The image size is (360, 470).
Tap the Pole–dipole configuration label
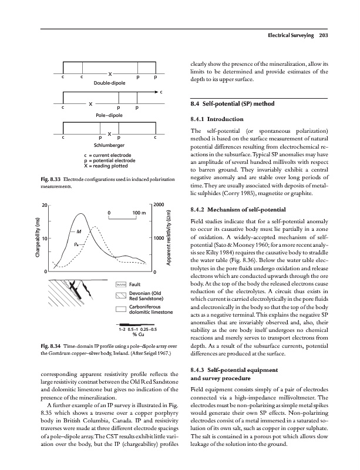109,116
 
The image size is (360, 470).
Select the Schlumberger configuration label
110,145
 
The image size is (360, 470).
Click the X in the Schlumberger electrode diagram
110,133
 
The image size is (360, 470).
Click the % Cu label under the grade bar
139,335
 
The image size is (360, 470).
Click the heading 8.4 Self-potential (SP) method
238,105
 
